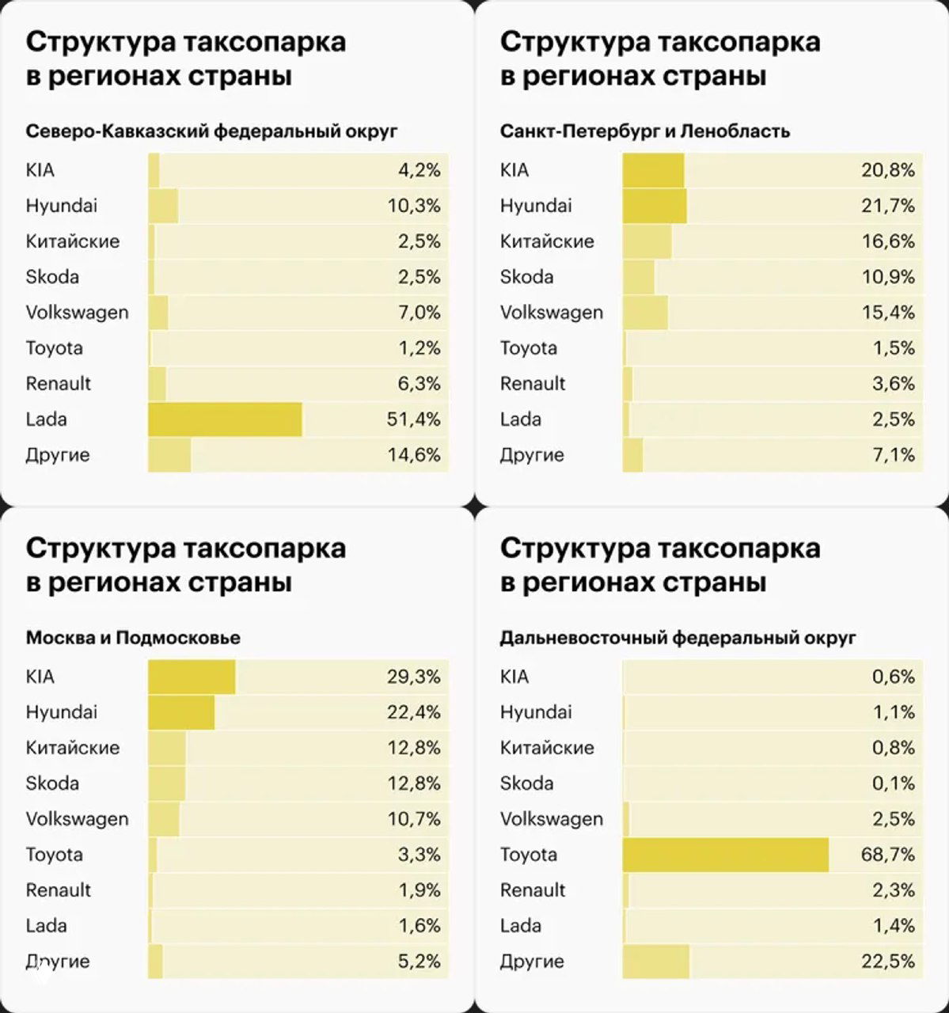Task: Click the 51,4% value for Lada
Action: click(413, 419)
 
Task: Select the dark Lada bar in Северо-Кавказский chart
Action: click(225, 419)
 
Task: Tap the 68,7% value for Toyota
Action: click(887, 855)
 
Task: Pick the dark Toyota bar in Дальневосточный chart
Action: click(725, 855)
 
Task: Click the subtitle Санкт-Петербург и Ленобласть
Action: click(644, 131)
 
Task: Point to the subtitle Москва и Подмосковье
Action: click(133, 638)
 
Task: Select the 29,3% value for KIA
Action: click(413, 677)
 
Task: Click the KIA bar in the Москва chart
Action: click(192, 677)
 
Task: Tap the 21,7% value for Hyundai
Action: click(887, 206)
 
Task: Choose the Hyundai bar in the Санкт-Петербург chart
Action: click(655, 206)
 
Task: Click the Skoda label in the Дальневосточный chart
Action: click(526, 783)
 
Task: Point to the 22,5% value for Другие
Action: click(887, 962)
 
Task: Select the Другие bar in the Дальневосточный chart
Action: click(655, 962)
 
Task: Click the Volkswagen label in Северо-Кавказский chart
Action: click(77, 313)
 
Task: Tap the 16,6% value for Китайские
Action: click(887, 241)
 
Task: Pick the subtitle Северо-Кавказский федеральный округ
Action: click(211, 131)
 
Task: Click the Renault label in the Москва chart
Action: click(59, 890)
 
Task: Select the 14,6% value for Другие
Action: click(413, 455)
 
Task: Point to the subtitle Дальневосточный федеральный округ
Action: click(678, 638)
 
